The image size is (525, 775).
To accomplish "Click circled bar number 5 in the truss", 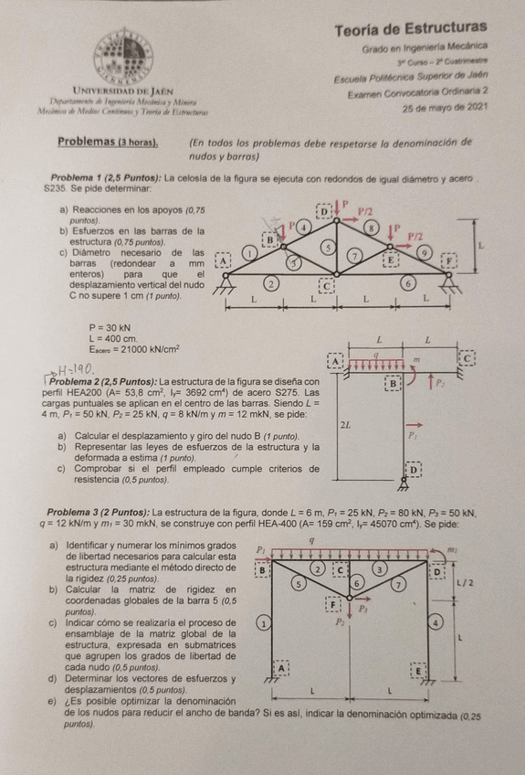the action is point(327,248).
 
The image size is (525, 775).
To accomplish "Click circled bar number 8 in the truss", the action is point(371,226).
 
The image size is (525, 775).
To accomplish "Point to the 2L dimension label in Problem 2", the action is point(344,425).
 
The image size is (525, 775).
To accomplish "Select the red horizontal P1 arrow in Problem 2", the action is point(414,424).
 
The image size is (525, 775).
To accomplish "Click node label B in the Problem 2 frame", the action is point(394,383).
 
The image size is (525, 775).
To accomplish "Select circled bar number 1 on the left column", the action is point(262,622).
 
